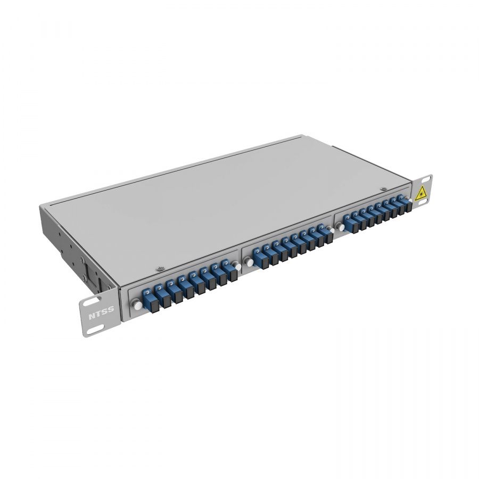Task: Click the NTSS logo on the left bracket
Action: [101, 313]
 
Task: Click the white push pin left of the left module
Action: [137, 305]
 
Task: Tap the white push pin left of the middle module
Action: [249, 261]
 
